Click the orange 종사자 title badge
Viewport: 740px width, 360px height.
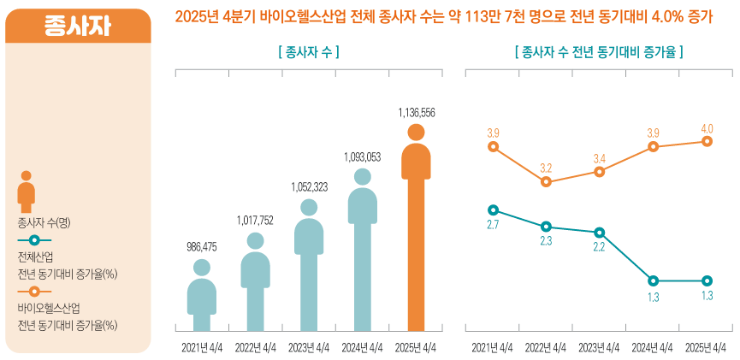(x=78, y=26)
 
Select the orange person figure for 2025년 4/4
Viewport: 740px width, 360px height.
(x=416, y=231)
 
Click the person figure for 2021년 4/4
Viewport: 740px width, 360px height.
(x=202, y=295)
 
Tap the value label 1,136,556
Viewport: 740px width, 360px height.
(x=417, y=112)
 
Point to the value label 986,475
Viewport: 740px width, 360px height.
(x=202, y=247)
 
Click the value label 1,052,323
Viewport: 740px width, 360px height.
(x=310, y=186)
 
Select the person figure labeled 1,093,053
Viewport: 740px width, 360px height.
(x=363, y=248)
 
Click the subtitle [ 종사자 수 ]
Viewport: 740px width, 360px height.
(x=309, y=52)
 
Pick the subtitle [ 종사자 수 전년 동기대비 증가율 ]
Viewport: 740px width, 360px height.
(x=598, y=52)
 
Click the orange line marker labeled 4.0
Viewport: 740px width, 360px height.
(x=707, y=141)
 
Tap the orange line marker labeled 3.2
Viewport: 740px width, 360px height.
(x=546, y=182)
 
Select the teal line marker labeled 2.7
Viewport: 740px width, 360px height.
(x=492, y=210)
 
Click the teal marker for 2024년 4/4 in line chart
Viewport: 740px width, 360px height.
(x=654, y=280)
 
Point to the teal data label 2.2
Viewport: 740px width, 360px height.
(x=599, y=247)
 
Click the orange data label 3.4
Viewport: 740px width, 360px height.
(x=600, y=158)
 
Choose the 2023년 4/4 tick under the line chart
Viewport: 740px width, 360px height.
(x=600, y=347)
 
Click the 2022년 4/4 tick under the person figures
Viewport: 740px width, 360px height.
(x=256, y=347)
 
